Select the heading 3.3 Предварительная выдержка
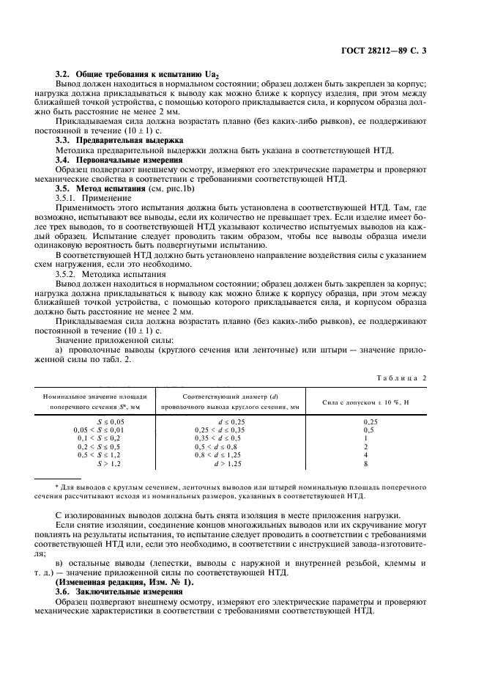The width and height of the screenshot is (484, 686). (x=120, y=140)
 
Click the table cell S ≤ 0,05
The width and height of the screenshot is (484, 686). (x=111, y=422)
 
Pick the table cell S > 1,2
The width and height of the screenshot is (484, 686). (x=111, y=464)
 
